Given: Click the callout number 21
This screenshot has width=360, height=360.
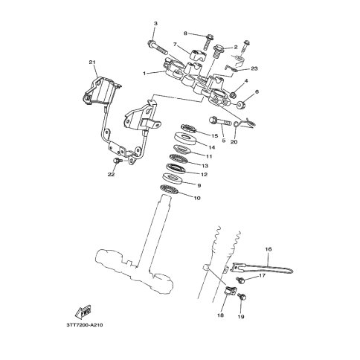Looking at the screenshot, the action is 92,62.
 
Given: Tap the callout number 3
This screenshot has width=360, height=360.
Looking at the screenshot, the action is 155,24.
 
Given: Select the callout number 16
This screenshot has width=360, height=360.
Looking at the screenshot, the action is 269,249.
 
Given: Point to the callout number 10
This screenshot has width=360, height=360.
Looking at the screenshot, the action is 197,198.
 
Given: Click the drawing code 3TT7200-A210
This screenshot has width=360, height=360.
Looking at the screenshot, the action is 85,325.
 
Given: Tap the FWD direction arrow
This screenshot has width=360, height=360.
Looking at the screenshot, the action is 83,312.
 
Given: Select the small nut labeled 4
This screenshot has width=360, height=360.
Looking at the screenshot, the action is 233,94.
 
